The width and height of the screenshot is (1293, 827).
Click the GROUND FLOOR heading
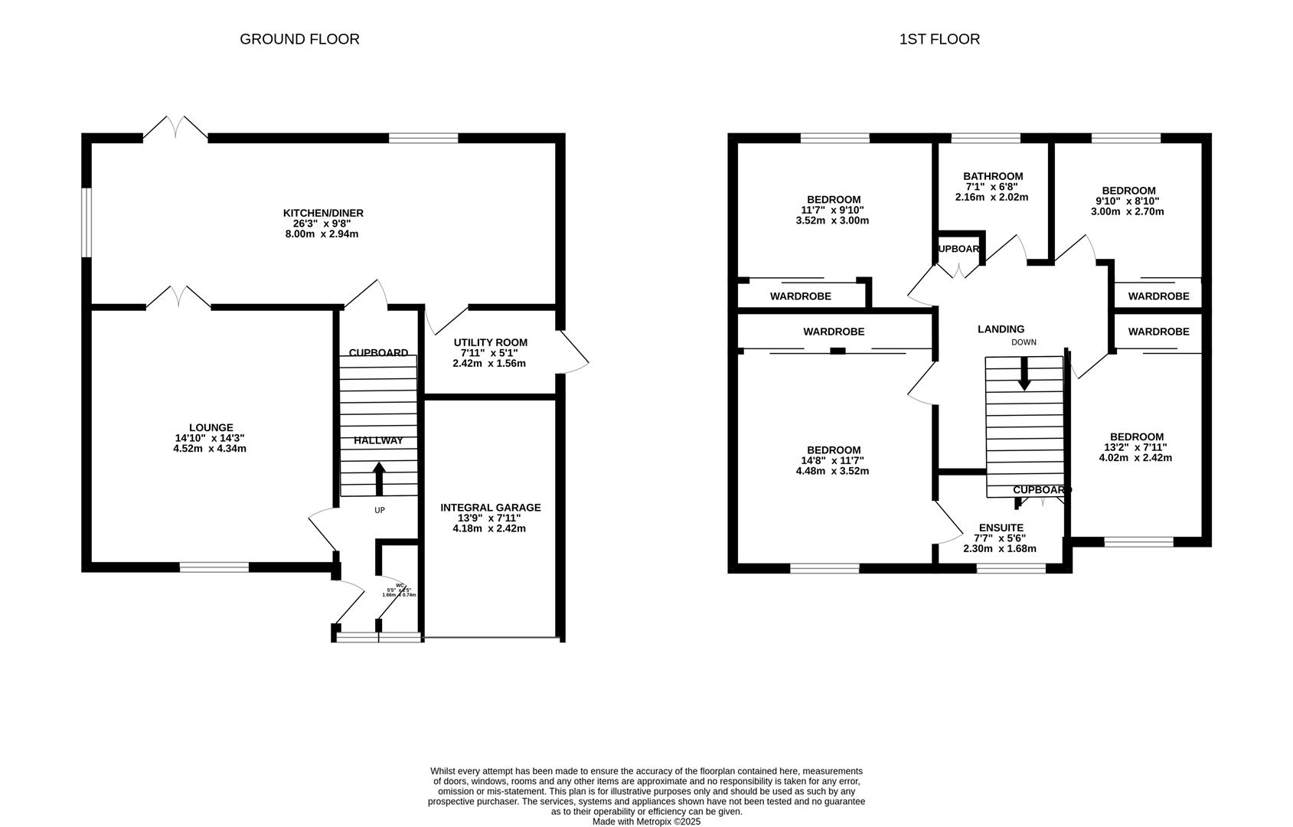pos(299,39)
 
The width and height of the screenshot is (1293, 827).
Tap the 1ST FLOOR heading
pos(939,39)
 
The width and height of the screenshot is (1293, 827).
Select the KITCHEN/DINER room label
pos(323,213)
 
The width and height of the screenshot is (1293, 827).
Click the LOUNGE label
pos(211,427)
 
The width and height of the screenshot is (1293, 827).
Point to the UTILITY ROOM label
pos(490,342)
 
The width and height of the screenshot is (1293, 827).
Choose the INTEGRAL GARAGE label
pos(490,507)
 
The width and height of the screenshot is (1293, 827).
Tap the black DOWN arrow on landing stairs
pos(1024,374)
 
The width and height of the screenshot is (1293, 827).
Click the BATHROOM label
pos(993,176)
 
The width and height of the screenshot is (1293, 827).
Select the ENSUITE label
pos(1001,528)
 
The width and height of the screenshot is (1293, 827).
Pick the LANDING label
pos(1001,329)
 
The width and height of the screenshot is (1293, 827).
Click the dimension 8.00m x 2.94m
pos(322,234)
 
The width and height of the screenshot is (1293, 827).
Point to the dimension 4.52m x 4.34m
pos(210,449)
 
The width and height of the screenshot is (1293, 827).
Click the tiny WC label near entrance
pos(400,585)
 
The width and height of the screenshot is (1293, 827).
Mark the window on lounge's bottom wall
pos(214,567)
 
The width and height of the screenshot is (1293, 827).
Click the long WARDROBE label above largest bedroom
pos(834,332)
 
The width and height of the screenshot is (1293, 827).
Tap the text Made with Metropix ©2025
pos(646,821)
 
